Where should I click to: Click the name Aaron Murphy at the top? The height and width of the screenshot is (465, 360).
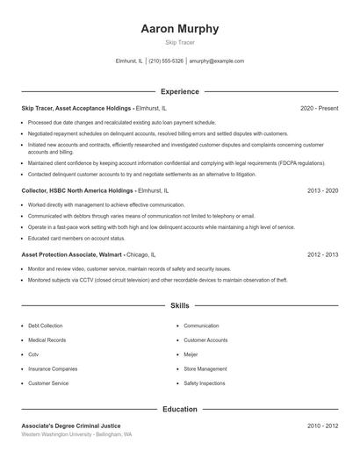[180, 29]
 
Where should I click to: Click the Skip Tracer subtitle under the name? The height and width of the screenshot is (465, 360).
[180, 42]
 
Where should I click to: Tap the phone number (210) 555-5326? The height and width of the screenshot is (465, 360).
[166, 61]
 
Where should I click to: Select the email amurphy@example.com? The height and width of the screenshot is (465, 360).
[217, 61]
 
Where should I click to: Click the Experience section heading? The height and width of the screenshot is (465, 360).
[180, 91]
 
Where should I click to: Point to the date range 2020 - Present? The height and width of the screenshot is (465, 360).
[319, 108]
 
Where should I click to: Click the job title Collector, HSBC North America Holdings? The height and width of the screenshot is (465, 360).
[77, 190]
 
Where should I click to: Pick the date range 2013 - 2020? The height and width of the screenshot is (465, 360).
[322, 190]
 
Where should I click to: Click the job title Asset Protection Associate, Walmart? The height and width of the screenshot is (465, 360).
[72, 254]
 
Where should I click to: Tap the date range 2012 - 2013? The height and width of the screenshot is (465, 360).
[322, 254]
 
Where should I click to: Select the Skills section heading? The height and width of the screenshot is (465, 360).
[180, 306]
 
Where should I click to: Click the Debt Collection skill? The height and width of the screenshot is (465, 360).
[46, 325]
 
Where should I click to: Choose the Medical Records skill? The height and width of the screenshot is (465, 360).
[47, 340]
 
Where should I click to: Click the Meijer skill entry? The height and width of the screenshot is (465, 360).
[191, 354]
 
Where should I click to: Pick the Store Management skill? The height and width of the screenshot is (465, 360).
[205, 368]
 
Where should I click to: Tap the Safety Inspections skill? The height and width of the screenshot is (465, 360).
[205, 383]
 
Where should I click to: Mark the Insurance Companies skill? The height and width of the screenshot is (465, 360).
[53, 368]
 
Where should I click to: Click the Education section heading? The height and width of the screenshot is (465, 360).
[180, 409]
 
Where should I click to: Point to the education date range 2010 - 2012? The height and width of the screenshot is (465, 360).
[322, 426]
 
